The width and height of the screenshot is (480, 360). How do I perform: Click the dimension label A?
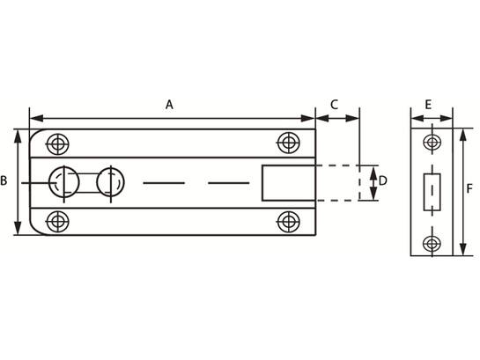[x=169, y=105]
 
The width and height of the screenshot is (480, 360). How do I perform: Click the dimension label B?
[x=4, y=180]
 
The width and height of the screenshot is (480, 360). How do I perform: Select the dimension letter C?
[x=335, y=104]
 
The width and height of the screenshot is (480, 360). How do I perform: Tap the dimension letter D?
[x=382, y=181]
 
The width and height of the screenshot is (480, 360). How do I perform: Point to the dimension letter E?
[x=429, y=105]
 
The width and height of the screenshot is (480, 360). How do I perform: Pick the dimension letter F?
[x=469, y=189]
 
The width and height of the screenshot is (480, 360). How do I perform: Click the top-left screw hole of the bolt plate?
[x=57, y=143]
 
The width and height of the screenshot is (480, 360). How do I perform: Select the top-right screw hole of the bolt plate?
[x=288, y=143]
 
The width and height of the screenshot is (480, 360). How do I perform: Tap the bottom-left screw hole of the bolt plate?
[x=57, y=221]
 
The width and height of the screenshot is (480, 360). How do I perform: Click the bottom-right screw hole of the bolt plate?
[x=288, y=222]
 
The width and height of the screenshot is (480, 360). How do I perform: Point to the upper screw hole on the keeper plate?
[x=432, y=143]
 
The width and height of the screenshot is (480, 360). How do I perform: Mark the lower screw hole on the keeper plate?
[x=432, y=244]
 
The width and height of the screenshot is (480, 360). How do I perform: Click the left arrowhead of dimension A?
[x=37, y=118]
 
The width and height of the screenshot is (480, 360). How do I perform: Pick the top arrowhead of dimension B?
[x=18, y=136]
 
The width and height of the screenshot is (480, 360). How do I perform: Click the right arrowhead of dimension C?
[x=352, y=118]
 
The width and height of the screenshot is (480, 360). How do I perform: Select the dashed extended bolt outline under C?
[x=359, y=183]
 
